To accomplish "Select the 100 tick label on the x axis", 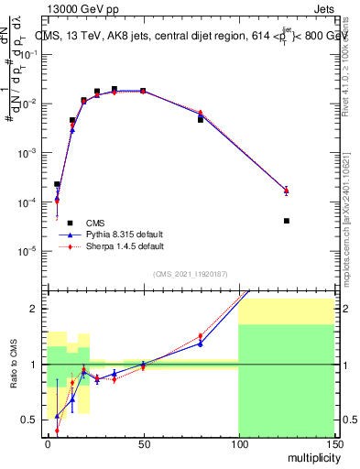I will coord(238,444).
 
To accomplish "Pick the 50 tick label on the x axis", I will coord(143,444).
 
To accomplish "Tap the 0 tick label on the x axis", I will coord(48,444).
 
